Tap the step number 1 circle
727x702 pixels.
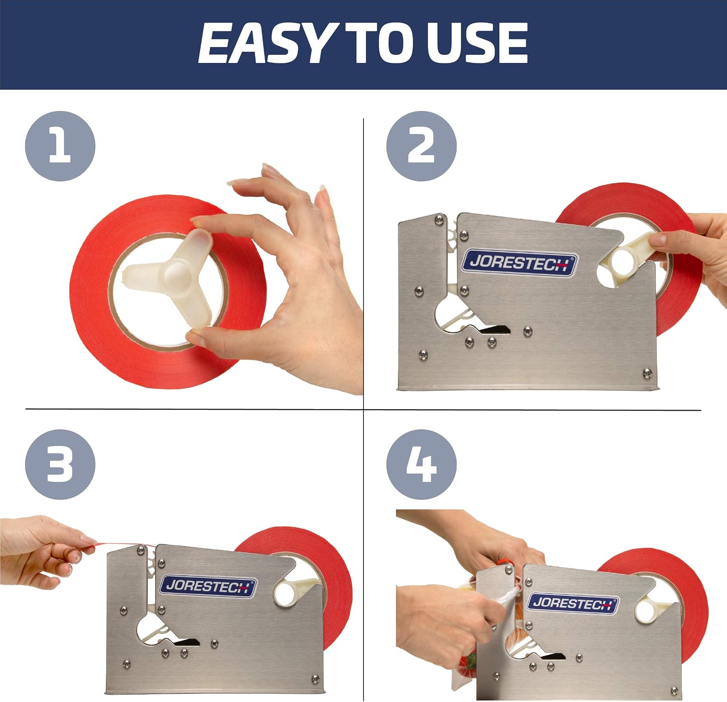(60, 146)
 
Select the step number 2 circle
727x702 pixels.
(421, 146)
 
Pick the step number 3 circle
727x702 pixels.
(60, 464)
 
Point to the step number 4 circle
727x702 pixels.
(421, 464)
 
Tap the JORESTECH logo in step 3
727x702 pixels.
(207, 587)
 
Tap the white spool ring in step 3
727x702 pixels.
(288, 593)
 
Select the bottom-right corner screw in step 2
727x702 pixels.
(647, 373)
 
